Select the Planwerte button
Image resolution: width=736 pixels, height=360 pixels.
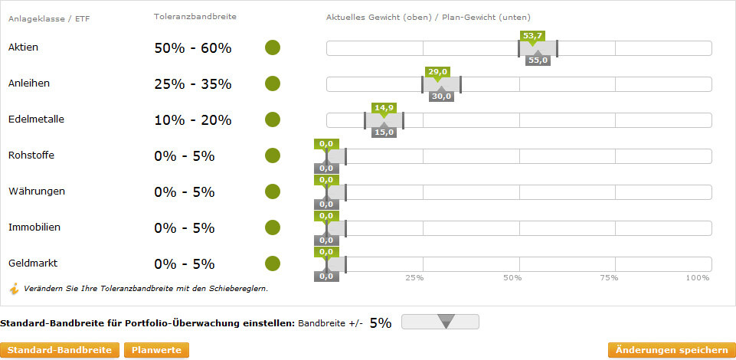156,350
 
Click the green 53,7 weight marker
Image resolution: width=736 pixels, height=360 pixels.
532,36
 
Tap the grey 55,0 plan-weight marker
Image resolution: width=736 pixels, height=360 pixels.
538,61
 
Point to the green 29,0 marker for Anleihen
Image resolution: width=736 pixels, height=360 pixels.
437,71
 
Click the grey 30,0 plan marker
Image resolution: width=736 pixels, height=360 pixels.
441,97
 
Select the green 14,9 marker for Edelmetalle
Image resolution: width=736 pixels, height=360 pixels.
383,107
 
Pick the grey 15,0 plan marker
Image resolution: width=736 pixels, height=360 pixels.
384,132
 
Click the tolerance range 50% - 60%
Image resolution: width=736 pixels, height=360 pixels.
192,47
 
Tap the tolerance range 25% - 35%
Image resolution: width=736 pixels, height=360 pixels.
192,83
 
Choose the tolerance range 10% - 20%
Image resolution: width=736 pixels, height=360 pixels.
192,119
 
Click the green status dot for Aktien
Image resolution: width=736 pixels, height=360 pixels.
273,47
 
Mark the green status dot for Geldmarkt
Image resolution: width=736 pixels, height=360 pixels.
273,263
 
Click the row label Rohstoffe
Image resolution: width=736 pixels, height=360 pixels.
31,155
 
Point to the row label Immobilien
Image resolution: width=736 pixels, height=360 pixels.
34,227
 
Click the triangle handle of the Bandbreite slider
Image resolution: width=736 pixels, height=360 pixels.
447,322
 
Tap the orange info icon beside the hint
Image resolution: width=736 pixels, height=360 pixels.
14,289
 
